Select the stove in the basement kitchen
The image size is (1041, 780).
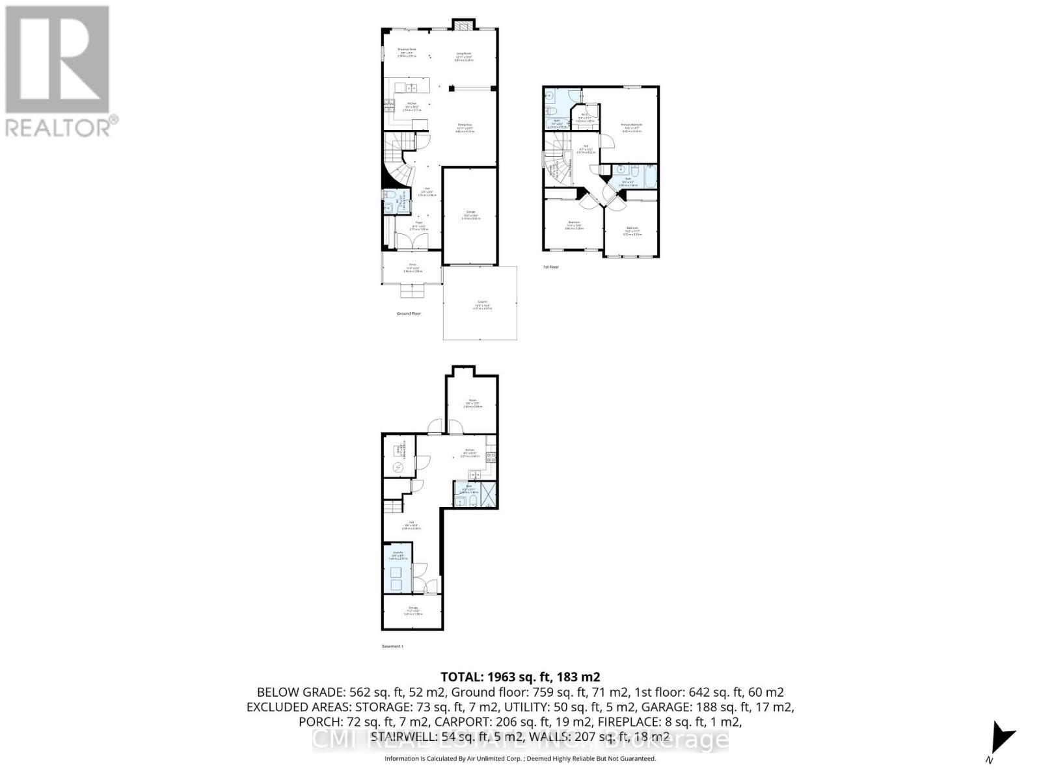(x=492, y=457)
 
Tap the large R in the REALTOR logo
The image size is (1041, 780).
(x=57, y=60)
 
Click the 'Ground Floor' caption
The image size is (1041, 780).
(x=409, y=313)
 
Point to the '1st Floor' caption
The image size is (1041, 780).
(x=550, y=266)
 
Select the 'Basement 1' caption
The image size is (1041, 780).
(x=392, y=646)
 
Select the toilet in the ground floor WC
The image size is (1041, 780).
(x=388, y=195)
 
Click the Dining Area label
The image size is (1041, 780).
(x=465, y=126)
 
